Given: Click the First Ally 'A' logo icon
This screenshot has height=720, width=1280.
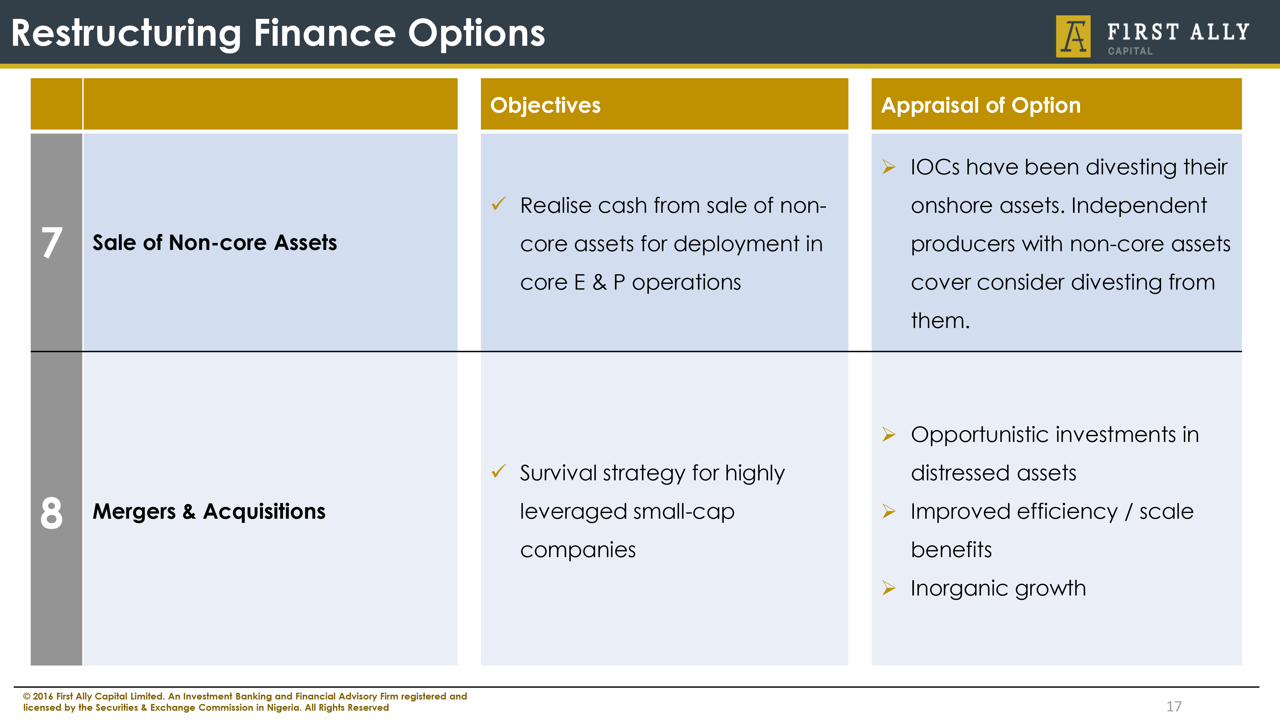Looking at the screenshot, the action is tap(1073, 36).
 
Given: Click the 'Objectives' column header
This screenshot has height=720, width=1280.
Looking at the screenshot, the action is tap(545, 105).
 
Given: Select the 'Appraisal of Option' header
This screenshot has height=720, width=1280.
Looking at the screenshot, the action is tap(980, 105).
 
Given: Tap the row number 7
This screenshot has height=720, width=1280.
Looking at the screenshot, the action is tap(52, 243).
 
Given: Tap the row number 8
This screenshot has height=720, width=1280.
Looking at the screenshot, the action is tap(52, 512).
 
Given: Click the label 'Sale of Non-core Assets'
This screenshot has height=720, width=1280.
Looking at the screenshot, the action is tap(215, 243).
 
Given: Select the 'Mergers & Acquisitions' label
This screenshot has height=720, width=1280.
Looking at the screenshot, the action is tap(209, 511).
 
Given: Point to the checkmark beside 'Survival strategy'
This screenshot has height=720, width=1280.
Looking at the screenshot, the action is tap(498, 471).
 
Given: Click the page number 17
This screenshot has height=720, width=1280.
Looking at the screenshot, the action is tap(1174, 706).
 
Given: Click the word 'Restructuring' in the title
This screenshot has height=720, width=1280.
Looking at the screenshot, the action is tap(126, 34).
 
